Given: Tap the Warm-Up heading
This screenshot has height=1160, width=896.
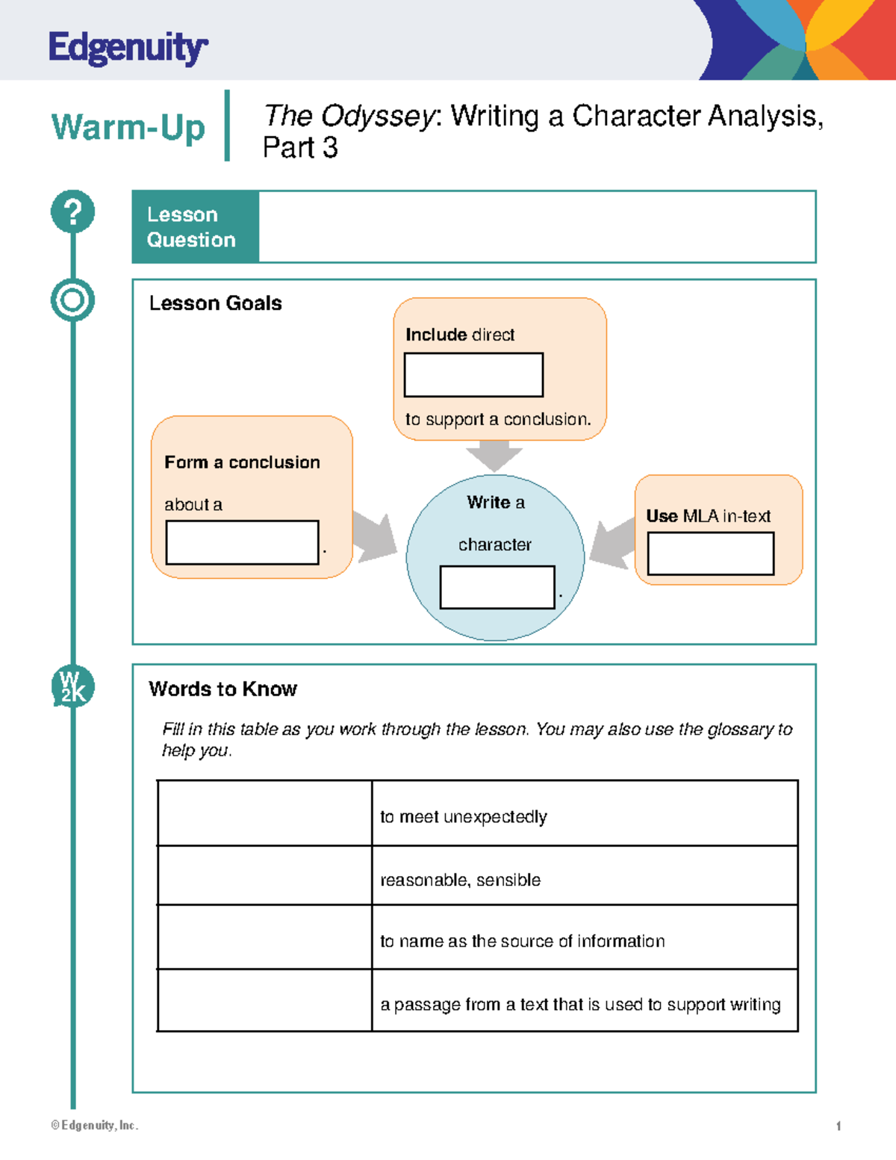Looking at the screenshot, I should coord(128,127).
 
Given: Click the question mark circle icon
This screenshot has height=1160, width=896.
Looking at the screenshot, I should coord(72,211).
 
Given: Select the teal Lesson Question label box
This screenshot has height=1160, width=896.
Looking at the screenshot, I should coord(196,226).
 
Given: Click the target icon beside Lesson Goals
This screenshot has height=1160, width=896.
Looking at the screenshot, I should coord(72,300).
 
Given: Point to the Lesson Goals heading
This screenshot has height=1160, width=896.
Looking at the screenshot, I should coord(215,303).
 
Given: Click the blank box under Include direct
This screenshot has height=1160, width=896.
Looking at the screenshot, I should coord(473,375).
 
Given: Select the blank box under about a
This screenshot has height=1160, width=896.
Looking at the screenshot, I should coord(242,542).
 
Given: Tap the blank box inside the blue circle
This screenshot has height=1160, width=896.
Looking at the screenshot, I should coord(497,587).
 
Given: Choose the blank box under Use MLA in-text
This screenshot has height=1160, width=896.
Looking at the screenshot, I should coord(710,553).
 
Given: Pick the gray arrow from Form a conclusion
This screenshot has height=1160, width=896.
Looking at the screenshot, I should coord(374,536).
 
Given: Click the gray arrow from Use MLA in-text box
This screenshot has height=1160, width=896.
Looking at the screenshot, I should coord(612,544).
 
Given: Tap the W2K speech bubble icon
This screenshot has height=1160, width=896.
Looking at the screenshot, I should coord(72,686).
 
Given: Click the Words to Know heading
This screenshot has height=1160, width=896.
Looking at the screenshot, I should coord(223,689).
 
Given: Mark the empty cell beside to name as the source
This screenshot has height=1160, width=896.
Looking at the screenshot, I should coord(264,937).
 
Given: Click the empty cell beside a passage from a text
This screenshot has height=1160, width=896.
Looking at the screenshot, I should coord(264,1001).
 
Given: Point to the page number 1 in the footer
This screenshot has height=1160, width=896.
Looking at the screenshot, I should coord(839,1126).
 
